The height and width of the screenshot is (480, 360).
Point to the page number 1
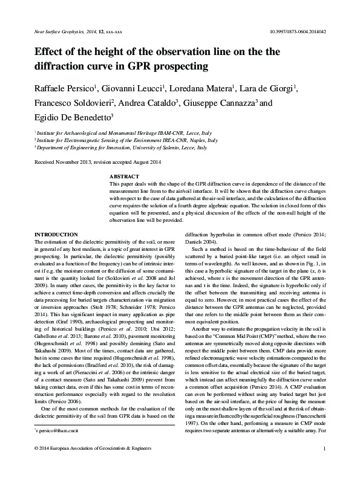pos(325,465)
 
